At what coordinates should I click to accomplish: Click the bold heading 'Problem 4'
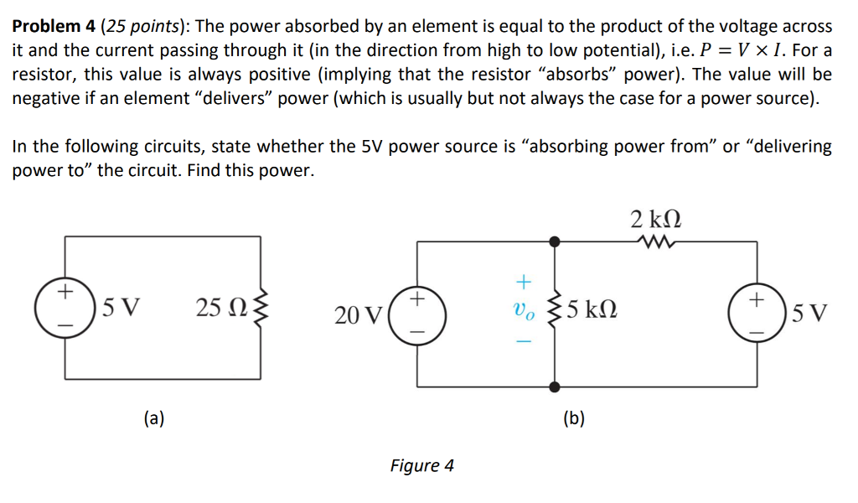(x=52, y=27)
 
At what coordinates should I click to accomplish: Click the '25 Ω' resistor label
(x=221, y=309)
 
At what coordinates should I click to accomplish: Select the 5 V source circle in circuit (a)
(x=65, y=309)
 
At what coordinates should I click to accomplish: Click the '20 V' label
(x=358, y=315)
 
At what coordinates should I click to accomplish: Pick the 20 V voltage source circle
(x=418, y=315)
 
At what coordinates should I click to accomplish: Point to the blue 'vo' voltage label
(x=522, y=313)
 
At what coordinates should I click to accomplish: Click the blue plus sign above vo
(x=521, y=280)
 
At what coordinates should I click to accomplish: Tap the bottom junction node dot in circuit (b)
(x=554, y=386)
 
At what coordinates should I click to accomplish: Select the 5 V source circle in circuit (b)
(x=757, y=315)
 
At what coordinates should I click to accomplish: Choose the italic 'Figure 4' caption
(x=422, y=465)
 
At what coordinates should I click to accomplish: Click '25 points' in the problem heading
(x=140, y=27)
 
